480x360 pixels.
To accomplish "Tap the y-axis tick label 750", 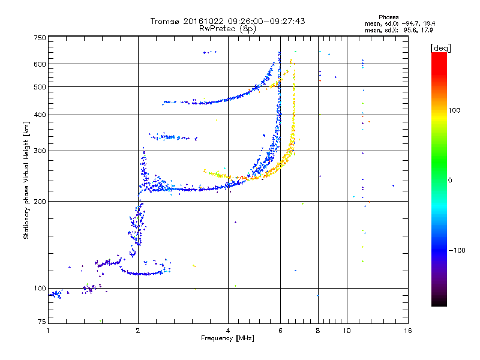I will (x=40, y=38).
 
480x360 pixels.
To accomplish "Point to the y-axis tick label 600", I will (x=40, y=64).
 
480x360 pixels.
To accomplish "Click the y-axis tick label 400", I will (x=40, y=115).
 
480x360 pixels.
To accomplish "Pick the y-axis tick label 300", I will (x=40, y=151).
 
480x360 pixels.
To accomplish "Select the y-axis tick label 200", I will (x=40, y=202).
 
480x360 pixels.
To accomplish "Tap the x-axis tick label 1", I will (x=48, y=331).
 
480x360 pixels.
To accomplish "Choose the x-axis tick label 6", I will (x=280, y=331).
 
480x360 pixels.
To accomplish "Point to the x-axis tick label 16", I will (x=407, y=331).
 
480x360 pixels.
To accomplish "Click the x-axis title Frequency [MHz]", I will (x=228, y=339).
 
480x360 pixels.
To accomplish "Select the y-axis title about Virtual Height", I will (x=26, y=181).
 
